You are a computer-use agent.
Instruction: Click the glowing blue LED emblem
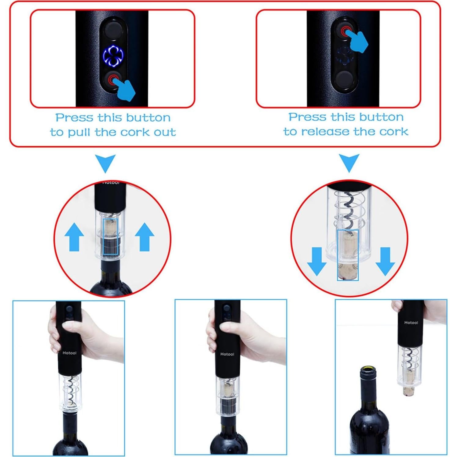click(x=113, y=56)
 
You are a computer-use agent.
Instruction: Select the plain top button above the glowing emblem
click(x=113, y=30)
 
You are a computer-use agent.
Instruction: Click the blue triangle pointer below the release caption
click(x=349, y=162)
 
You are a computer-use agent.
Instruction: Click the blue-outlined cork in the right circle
click(x=348, y=255)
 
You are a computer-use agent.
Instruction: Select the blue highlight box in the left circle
click(x=110, y=236)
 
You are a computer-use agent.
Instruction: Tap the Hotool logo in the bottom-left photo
click(x=69, y=353)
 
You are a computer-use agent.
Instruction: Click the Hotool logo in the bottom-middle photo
click(x=227, y=354)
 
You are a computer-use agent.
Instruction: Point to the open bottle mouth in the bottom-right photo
click(x=368, y=370)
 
